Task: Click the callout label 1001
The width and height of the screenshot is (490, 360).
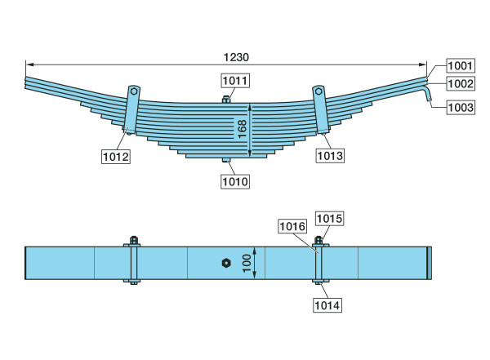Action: coord(461,66)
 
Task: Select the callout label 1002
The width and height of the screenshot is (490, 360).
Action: coord(461,84)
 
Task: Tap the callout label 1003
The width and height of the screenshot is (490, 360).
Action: coord(461,108)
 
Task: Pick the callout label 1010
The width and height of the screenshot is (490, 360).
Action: coord(235,181)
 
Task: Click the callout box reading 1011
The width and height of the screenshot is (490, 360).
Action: coord(235,81)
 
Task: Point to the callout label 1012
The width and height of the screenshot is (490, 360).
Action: coord(116,156)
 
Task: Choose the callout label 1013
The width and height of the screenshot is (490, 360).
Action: coord(330,156)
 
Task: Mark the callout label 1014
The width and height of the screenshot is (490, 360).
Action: coord(327,305)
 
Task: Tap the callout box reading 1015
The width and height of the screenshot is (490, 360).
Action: coord(329,219)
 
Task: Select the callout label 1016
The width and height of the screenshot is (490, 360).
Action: coord(292,226)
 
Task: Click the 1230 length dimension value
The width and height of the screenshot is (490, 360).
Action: coord(236,57)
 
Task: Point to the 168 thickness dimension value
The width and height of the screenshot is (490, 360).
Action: coord(242,129)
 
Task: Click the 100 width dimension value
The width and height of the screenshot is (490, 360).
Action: coord(247,263)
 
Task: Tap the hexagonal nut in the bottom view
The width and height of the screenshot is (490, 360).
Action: coord(226,263)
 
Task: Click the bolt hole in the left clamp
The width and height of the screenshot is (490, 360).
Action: coord(134,91)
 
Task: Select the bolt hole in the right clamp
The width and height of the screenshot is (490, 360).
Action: coord(318,91)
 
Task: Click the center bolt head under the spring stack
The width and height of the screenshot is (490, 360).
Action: coord(226,160)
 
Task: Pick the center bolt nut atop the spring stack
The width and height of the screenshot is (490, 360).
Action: coord(226,100)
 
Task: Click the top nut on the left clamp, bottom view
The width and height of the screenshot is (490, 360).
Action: coord(134,240)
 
